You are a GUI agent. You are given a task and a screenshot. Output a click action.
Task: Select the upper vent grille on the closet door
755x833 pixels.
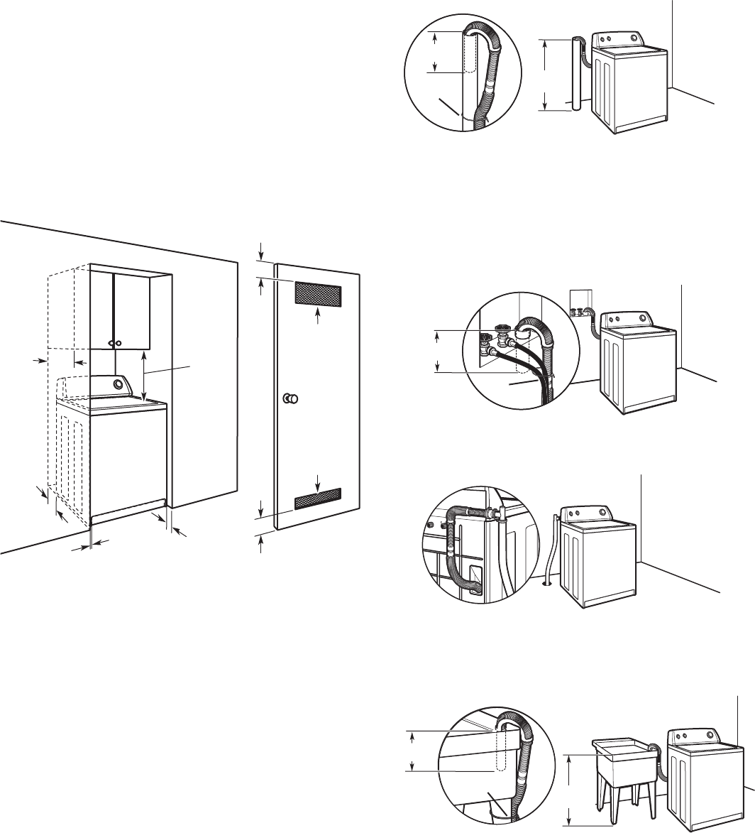pos(318,291)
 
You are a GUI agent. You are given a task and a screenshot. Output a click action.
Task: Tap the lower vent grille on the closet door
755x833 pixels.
pos(318,501)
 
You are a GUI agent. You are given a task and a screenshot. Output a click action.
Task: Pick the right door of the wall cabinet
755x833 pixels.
pos(133,311)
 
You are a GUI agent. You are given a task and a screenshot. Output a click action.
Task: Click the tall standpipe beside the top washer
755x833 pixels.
pos(575,75)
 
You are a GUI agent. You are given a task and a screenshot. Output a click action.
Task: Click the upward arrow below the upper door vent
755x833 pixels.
pos(318,317)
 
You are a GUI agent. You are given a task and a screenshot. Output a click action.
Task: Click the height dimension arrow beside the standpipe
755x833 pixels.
pos(545,75)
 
